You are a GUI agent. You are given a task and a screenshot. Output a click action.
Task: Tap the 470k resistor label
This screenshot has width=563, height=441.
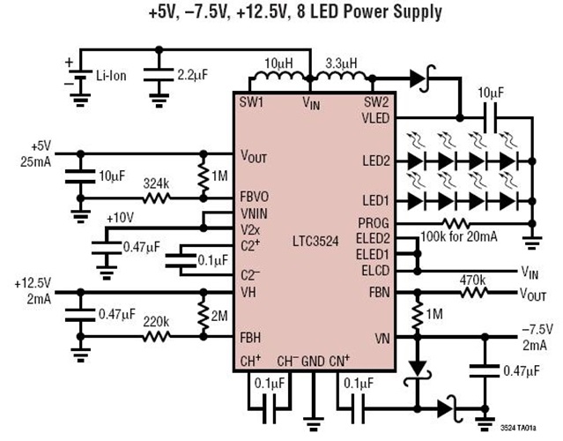coord(473,280)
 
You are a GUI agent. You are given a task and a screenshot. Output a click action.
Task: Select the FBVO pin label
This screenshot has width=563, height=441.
coord(258,198)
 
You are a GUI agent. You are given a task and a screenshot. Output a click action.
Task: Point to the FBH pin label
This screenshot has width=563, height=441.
coord(252,336)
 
